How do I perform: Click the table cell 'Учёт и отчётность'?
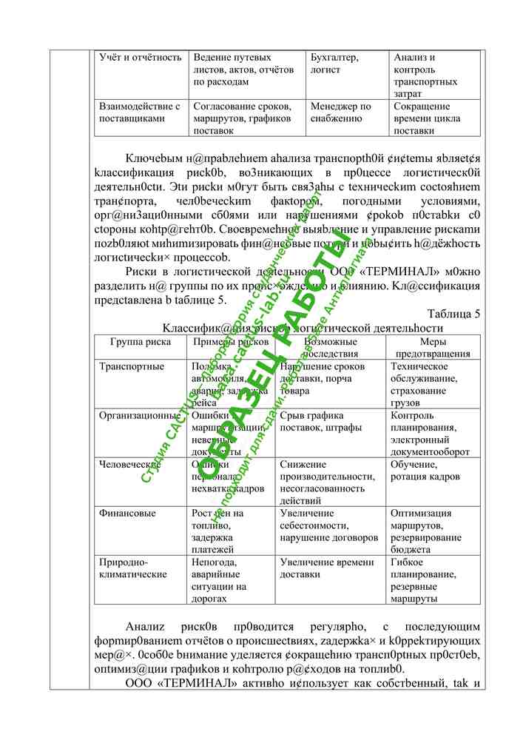(x=141, y=57)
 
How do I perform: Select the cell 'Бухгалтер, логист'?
(x=335, y=64)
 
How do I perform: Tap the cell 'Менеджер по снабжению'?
(x=341, y=112)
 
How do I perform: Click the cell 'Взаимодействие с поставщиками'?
(x=140, y=112)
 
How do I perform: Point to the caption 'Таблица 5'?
(x=454, y=314)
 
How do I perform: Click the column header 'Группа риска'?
(x=141, y=342)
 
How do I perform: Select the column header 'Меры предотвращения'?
(x=433, y=348)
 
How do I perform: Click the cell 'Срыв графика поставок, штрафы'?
(x=321, y=421)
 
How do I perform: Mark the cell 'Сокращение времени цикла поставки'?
(x=427, y=118)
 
